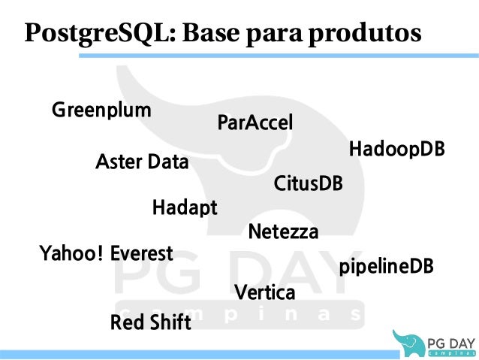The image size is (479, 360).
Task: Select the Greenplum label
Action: [101, 110]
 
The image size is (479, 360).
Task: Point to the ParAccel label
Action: [255, 123]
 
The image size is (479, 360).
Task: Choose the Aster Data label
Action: [143, 162]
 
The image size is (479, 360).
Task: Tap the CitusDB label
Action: [308, 183]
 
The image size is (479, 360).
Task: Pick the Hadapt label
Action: [185, 207]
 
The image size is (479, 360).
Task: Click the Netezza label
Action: [283, 232]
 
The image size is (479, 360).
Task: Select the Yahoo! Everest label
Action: [106, 253]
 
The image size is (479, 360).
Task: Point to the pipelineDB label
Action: [386, 267]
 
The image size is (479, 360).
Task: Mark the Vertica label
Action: [265, 292]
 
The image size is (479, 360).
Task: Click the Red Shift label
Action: [150, 323]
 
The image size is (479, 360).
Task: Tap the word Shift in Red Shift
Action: [170, 323]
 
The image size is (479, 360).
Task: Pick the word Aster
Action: [119, 162]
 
